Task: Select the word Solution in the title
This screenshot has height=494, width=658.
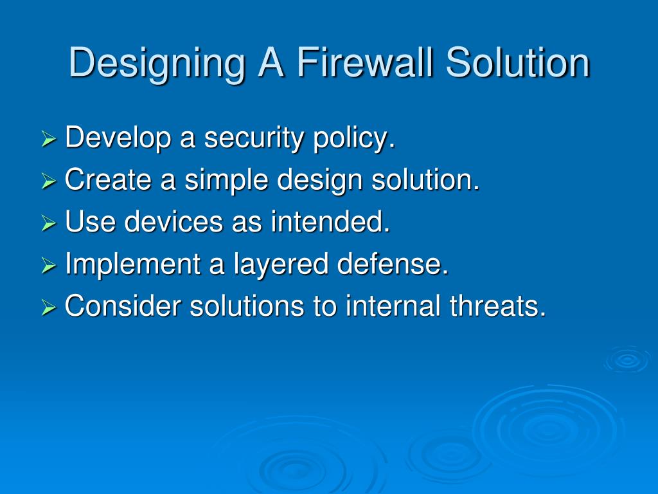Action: [x=518, y=63]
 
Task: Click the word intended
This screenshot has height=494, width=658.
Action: [x=330, y=223]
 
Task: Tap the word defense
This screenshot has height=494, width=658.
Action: [x=393, y=264]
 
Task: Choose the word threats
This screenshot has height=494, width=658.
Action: [x=497, y=306]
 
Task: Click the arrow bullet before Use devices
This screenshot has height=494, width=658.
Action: [x=49, y=224]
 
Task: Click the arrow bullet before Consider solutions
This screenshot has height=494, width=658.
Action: [x=49, y=307]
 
